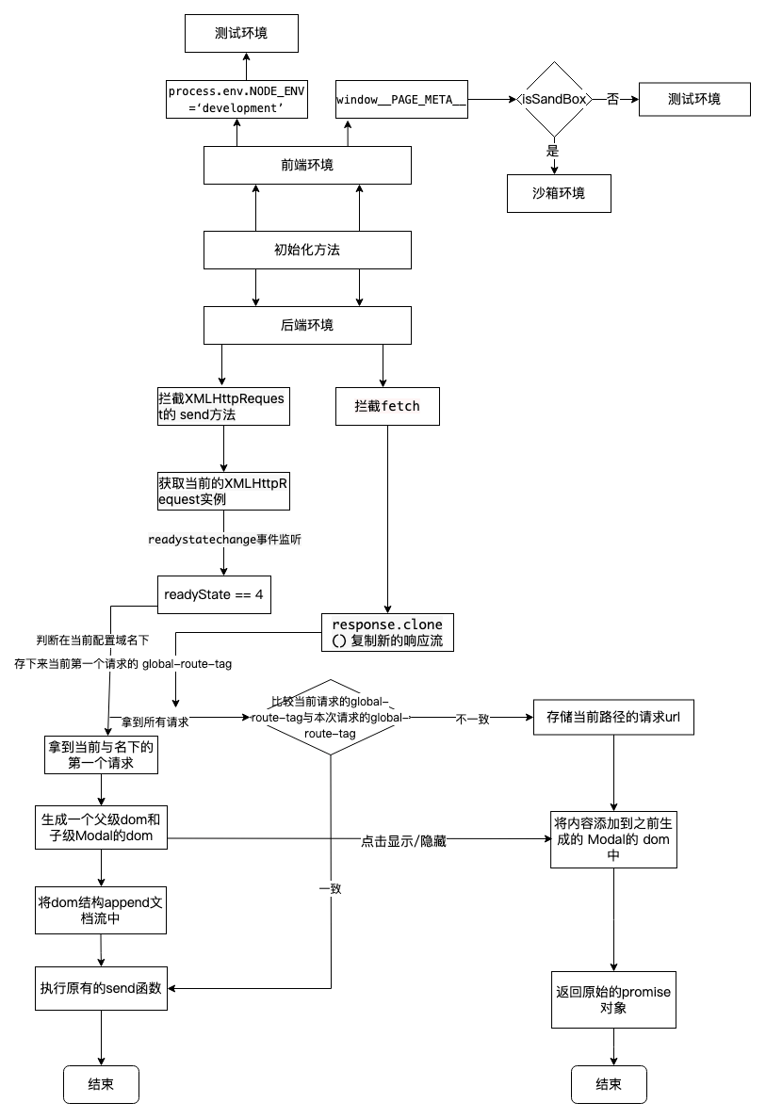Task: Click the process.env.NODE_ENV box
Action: coord(236,99)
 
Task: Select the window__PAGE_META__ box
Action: coord(401,99)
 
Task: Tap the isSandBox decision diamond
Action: coord(553,99)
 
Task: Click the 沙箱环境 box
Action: coord(558,193)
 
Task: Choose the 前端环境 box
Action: coord(307,165)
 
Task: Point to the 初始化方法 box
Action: coord(307,250)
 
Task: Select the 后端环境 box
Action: coord(307,326)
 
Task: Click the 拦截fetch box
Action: coord(387,406)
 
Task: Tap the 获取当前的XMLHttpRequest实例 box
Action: coord(223,491)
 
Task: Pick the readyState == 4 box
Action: coord(214,594)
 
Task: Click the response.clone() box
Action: coord(387,632)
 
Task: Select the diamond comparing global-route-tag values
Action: coord(330,718)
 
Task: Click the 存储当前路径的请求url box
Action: coord(613,717)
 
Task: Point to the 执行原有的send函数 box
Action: coord(101,988)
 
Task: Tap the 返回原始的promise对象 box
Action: coord(613,999)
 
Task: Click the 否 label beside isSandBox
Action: coord(612,99)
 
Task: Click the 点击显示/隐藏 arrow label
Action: coord(403,841)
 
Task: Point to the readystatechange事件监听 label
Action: coord(224,540)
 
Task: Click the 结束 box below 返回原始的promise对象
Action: coord(609,1084)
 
